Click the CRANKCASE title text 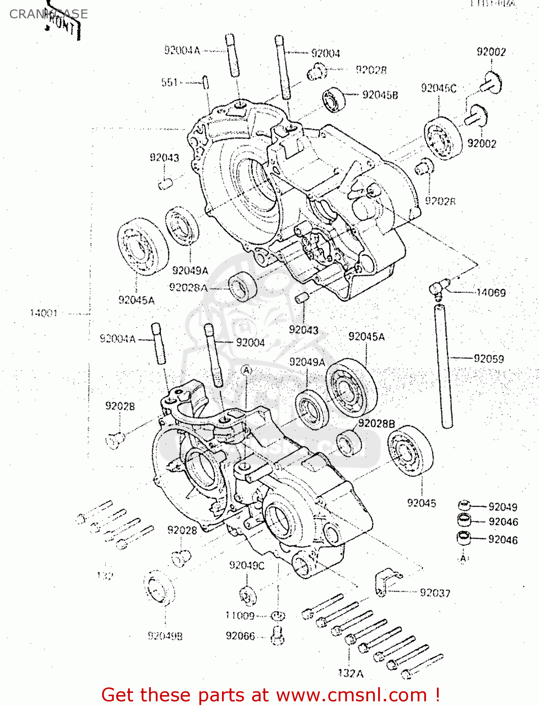(x=48, y=14)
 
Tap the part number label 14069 (x=491, y=293)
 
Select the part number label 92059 (x=489, y=359)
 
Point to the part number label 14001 (x=44, y=313)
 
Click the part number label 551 (x=170, y=82)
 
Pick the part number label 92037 (x=435, y=593)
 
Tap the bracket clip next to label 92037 (x=387, y=582)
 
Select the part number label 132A (x=350, y=674)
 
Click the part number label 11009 (x=240, y=616)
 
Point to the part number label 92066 (x=240, y=636)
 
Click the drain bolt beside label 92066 (x=277, y=635)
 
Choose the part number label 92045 (x=421, y=503)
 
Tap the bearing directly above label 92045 (x=411, y=451)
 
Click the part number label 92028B (x=376, y=424)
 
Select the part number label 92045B (x=380, y=95)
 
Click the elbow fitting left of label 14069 (x=438, y=288)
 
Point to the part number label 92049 (x=503, y=507)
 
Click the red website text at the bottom (x=270, y=695)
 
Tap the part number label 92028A (x=188, y=288)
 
